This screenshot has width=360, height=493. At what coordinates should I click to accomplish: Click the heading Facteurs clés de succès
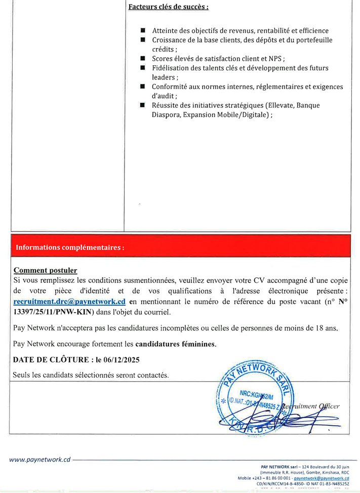168,7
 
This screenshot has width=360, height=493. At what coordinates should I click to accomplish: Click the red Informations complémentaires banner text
70,248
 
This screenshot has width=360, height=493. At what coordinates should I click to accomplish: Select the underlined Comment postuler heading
45,271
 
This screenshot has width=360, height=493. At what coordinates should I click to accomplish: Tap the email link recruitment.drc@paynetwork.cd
69,301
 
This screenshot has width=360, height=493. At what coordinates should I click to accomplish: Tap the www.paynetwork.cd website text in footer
39,460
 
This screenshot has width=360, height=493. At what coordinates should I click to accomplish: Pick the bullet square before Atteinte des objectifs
144,31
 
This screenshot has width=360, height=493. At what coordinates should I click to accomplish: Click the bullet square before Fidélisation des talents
144,68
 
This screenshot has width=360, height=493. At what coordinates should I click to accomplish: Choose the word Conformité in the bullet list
171,87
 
